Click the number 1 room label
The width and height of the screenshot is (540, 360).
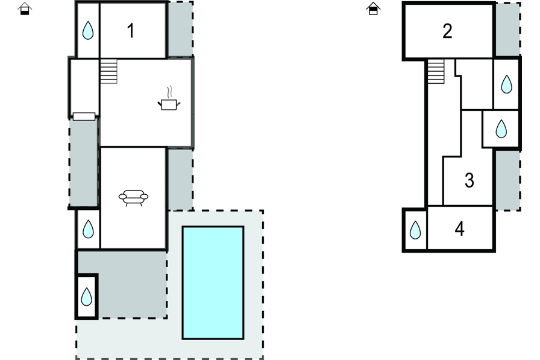pyautogui.click(x=131, y=31)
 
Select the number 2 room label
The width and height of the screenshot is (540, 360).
pyautogui.click(x=447, y=31)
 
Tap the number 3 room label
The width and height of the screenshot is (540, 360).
pyautogui.click(x=469, y=180)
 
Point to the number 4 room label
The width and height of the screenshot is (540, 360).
pyautogui.click(x=460, y=229)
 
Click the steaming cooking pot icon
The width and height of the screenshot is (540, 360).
pyautogui.click(x=169, y=102)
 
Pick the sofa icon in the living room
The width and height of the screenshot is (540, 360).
pyautogui.click(x=133, y=197)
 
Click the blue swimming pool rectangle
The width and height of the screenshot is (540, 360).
pyautogui.click(x=213, y=282)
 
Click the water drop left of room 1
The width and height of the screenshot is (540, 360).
pyautogui.click(x=88, y=31)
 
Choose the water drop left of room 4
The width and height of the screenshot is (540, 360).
pyautogui.click(x=415, y=230)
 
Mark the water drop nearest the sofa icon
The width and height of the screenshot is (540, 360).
pyautogui.click(x=88, y=229)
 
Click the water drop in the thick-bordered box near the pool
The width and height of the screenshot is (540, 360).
pyautogui.click(x=87, y=296)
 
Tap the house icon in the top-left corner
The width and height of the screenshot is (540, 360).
pyautogui.click(x=25, y=8)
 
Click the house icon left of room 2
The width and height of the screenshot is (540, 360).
pyautogui.click(x=373, y=8)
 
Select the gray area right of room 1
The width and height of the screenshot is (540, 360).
pyautogui.click(x=180, y=30)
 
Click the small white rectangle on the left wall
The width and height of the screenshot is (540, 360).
pyautogui.click(x=84, y=116)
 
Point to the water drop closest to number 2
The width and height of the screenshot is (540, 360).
pyautogui.click(x=506, y=84)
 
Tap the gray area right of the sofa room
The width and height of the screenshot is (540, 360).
pyautogui.click(x=180, y=179)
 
